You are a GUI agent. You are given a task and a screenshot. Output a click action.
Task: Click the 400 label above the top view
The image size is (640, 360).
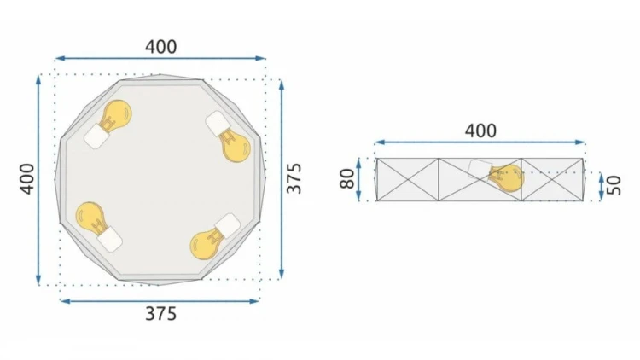tap(161, 47)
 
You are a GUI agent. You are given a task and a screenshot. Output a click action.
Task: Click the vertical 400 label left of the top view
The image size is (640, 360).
tap(28, 179)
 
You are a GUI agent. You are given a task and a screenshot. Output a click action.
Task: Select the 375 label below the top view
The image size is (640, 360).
tap(161, 314)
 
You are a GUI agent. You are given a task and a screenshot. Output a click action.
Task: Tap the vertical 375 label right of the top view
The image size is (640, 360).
tap(294, 178)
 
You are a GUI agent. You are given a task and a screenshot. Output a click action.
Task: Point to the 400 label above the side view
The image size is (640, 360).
tap(480, 131)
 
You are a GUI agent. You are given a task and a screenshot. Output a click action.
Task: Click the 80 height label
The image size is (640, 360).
tap(348, 179)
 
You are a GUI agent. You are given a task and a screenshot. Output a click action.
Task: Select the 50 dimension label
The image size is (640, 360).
tap(613, 185)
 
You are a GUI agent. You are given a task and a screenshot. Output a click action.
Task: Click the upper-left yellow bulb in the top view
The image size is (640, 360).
tap(115, 115)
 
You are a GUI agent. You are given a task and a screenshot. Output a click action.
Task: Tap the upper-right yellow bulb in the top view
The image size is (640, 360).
tap(234, 145)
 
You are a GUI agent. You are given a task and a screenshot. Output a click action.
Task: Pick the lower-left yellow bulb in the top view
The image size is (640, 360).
tap(91, 219)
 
